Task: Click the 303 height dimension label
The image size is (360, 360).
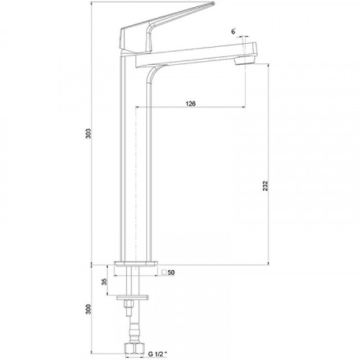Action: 89,133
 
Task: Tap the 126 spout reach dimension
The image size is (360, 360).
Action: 191,104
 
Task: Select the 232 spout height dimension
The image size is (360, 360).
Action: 265,186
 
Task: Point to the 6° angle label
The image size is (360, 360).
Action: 234,32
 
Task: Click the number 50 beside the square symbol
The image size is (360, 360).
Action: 171,272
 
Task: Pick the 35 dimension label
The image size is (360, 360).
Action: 104,282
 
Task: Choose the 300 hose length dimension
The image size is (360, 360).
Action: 89,309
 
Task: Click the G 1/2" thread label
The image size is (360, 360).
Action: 157,354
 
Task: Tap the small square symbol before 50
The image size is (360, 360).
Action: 164,272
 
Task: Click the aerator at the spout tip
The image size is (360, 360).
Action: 245,60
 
